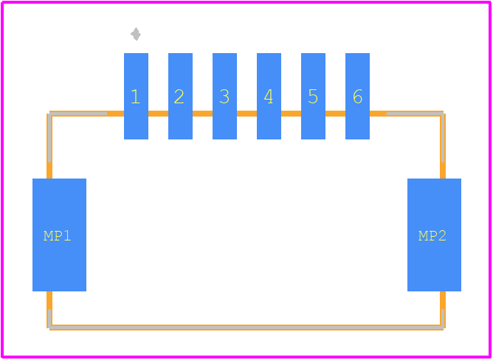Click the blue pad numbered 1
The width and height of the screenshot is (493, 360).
pyautogui.click(x=136, y=96)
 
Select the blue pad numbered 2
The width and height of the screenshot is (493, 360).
pyautogui.click(x=181, y=96)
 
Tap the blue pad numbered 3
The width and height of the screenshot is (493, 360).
pyautogui.click(x=225, y=96)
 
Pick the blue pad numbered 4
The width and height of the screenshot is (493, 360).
pyautogui.click(x=269, y=96)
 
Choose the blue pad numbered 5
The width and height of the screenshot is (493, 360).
pyautogui.click(x=313, y=96)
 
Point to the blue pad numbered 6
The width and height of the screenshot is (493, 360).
pyautogui.click(x=357, y=96)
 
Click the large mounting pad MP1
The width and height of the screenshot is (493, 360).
pyautogui.click(x=60, y=235)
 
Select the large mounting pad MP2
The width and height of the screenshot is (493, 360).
pyautogui.click(x=434, y=235)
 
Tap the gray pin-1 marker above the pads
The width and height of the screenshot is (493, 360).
pyautogui.click(x=136, y=34)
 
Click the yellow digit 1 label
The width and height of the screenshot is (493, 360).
pyautogui.click(x=136, y=97)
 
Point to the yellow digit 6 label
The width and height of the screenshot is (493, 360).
pyautogui.click(x=357, y=97)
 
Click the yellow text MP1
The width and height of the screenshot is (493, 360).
pyautogui.click(x=58, y=236)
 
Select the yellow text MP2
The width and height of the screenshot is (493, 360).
pyautogui.click(x=432, y=236)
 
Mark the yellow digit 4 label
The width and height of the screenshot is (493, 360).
pyautogui.click(x=269, y=97)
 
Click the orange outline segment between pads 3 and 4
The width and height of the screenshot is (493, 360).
pyautogui.click(x=246, y=114)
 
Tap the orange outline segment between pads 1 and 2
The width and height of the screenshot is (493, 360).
pyautogui.click(x=158, y=114)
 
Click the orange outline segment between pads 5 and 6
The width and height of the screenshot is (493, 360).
pyautogui.click(x=336, y=114)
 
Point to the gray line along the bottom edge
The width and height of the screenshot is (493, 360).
pyautogui.click(x=246, y=328)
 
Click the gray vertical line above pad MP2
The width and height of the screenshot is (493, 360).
pyautogui.click(x=443, y=138)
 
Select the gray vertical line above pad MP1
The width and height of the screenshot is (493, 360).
pyautogui.click(x=49, y=138)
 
